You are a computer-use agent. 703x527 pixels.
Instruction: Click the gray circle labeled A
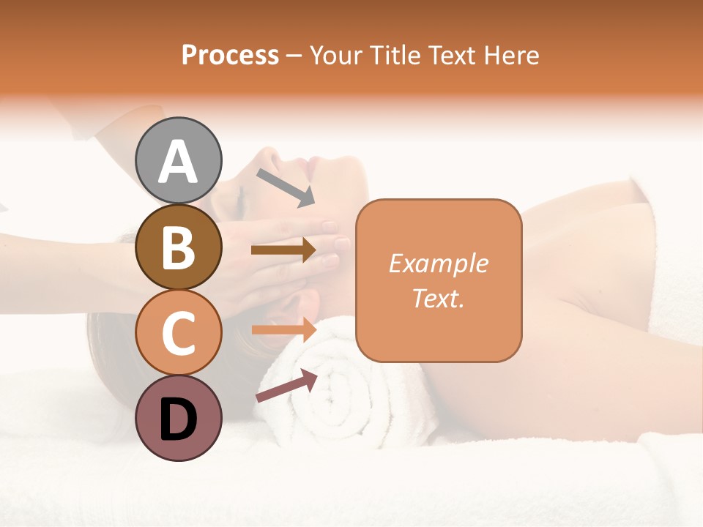tap(179, 160)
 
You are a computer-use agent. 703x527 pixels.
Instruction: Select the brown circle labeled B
tap(179, 247)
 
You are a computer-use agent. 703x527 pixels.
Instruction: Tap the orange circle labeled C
tap(179, 332)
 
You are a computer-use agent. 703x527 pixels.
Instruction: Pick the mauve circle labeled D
tap(179, 418)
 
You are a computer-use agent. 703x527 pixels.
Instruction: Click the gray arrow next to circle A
tap(285, 187)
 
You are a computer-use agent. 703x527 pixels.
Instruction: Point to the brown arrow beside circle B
tap(283, 250)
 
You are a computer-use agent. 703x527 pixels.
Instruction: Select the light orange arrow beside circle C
tap(283, 329)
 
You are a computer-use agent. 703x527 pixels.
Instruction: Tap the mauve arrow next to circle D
tap(286, 386)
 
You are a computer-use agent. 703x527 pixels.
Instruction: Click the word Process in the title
tap(230, 55)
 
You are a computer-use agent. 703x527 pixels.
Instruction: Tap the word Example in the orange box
tap(438, 263)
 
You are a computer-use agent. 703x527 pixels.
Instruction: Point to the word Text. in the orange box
tap(438, 298)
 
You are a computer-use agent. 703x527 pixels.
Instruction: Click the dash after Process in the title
tap(294, 56)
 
